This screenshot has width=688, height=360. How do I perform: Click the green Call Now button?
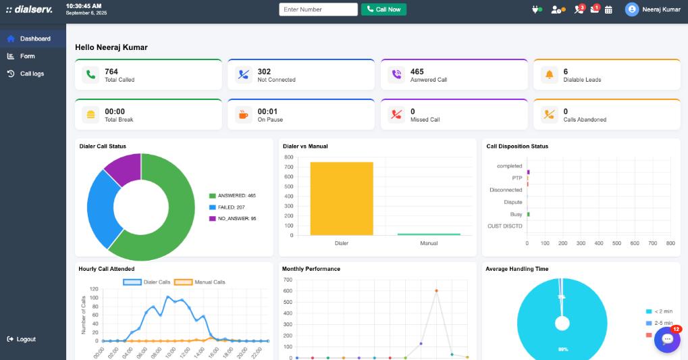(383, 9)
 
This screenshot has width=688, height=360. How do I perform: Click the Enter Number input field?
(318, 9)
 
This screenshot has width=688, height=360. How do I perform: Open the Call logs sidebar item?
(32, 74)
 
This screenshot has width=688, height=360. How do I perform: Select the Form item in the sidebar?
(27, 56)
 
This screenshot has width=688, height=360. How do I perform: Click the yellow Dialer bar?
(342, 199)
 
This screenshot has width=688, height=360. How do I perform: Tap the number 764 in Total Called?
(111, 72)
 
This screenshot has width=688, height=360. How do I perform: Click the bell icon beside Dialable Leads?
(549, 75)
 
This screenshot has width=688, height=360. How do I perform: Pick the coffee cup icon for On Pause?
(244, 115)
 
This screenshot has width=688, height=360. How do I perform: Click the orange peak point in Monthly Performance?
(436, 290)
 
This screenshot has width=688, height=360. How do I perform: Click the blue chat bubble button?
(667, 340)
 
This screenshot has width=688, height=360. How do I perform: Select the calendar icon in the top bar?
(608, 9)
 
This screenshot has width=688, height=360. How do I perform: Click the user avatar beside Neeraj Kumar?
(631, 9)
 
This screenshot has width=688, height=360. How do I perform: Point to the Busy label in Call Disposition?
(516, 214)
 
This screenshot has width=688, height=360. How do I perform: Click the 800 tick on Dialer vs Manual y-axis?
(288, 157)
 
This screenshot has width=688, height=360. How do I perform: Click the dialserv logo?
(29, 9)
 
